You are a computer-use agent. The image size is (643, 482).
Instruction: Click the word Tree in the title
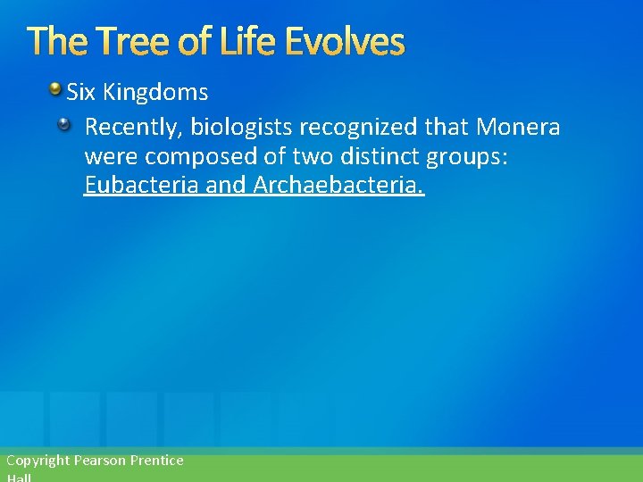[x=124, y=41]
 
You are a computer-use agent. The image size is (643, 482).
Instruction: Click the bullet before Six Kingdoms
[x=55, y=90]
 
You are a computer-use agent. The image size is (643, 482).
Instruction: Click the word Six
[x=82, y=92]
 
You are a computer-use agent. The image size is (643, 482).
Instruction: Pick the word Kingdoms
[x=156, y=92]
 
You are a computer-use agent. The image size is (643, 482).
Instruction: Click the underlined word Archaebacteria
[x=339, y=186]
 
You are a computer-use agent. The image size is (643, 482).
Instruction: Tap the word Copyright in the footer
[x=38, y=461]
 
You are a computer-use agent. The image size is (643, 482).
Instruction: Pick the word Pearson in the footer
[x=99, y=461]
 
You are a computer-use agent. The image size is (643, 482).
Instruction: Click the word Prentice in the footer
[x=156, y=461]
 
